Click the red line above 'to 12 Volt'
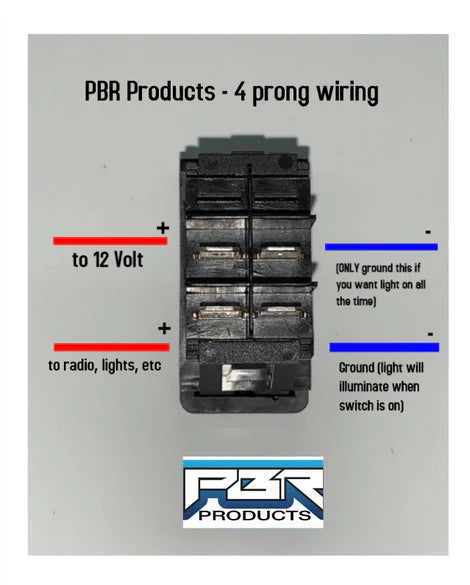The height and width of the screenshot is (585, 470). coord(110,241)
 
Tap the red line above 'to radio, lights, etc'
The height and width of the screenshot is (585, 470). coord(112,347)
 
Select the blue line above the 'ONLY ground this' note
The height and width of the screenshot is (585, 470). coord(381,247)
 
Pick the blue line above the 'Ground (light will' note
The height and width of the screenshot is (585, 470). coord(384,347)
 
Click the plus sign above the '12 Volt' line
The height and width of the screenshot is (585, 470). coord(163,228)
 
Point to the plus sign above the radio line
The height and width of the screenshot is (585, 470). coord(164,328)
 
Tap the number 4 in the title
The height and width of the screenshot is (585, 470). coord(240,92)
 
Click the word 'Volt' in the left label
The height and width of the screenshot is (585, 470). coord(128,259)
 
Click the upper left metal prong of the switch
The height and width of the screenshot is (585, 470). coord(219,252)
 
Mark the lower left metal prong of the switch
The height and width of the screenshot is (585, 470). coord(220,312)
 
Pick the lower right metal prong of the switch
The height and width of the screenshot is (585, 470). coord(281,310)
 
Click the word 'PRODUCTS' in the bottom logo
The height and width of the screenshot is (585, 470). coord(255,515)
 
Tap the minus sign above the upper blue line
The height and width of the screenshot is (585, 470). coord(428,232)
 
